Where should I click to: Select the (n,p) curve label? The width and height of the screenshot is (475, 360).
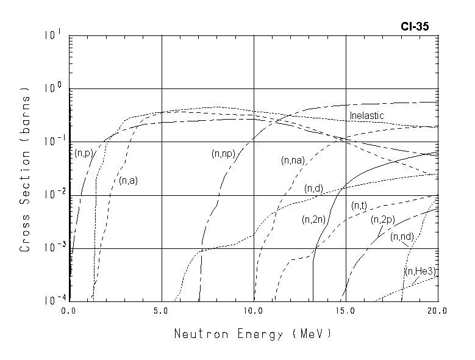tap(83, 153)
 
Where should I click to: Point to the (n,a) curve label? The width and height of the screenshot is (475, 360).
tap(127, 180)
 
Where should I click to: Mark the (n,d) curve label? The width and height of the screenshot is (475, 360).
tap(313, 189)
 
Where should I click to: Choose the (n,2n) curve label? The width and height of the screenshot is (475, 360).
tap(313, 220)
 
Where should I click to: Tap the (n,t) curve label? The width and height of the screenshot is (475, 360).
tap(359, 206)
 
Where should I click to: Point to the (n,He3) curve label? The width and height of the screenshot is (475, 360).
tap(421, 271)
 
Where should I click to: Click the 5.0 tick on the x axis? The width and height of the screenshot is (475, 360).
tap(161, 311)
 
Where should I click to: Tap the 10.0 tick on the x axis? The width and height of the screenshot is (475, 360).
tap(253, 311)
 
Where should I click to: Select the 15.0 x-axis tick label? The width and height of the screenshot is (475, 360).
tap(345, 311)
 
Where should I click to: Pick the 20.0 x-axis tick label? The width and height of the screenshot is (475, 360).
tap(437, 311)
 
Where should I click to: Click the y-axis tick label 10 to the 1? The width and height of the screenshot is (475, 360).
tap(53, 35)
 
